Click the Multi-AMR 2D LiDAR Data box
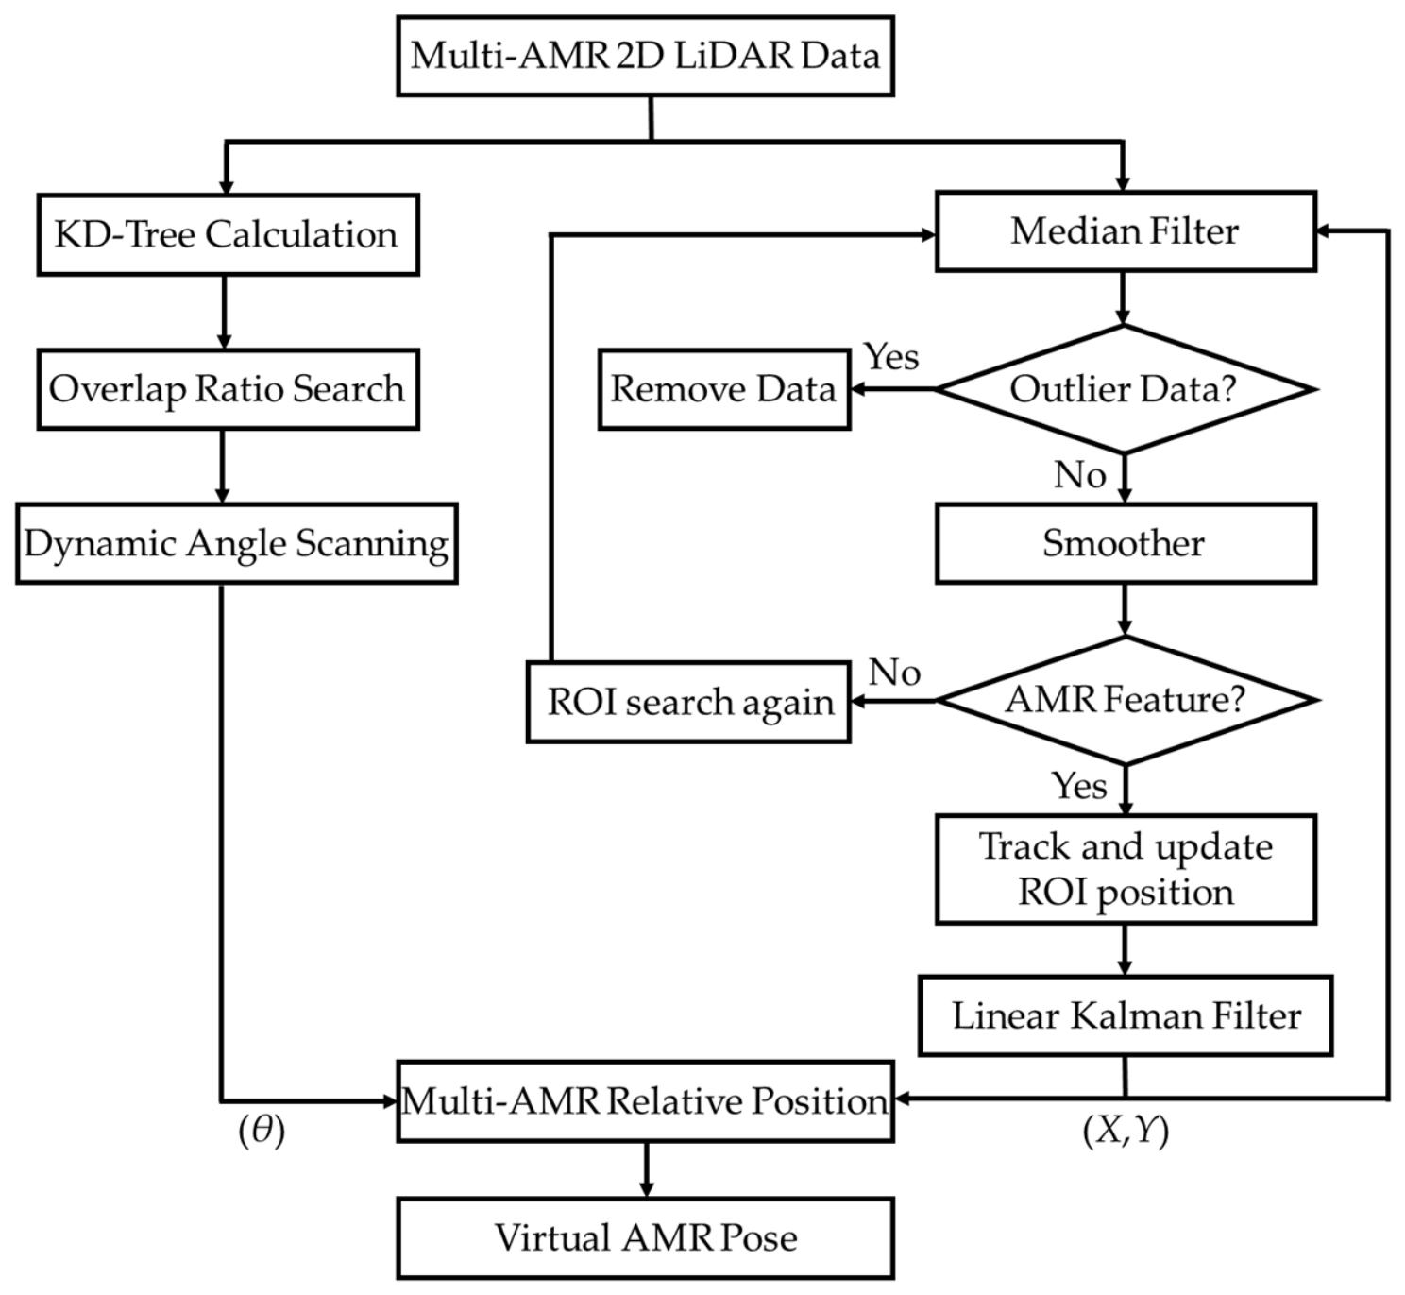(645, 56)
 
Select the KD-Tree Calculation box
(229, 234)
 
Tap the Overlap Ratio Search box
(229, 389)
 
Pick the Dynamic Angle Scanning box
(237, 543)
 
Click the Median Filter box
(1126, 230)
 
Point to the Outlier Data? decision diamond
(1126, 389)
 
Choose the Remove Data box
(724, 389)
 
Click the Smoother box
(1126, 543)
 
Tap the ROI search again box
(688, 702)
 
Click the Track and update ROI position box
(1126, 869)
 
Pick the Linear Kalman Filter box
(1126, 1015)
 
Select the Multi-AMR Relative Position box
(645, 1100)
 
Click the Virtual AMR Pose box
(645, 1238)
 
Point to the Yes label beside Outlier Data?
(891, 357)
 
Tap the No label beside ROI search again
(894, 673)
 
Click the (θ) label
(262, 1131)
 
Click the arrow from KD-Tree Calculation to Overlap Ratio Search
(224, 312)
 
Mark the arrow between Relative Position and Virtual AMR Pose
(646, 1170)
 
